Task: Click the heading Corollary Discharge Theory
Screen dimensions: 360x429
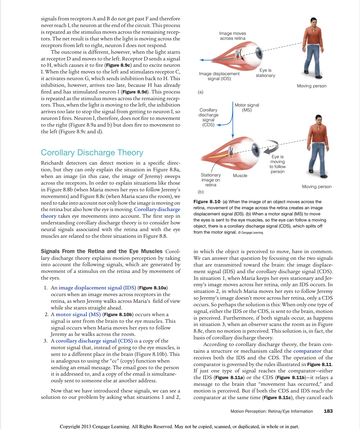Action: pyautogui.click(x=92, y=153)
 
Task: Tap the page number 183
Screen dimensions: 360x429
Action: pyautogui.click(x=328, y=411)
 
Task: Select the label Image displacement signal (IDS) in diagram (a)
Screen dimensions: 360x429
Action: pyautogui.click(x=219, y=76)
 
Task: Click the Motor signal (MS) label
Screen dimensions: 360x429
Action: pyautogui.click(x=247, y=107)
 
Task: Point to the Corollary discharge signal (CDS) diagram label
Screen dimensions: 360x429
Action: pyautogui.click(x=208, y=117)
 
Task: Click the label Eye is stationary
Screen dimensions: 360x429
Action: pyautogui.click(x=265, y=73)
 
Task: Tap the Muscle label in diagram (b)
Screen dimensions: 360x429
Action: pyautogui.click(x=240, y=176)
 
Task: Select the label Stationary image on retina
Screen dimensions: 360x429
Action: pyautogui.click(x=210, y=180)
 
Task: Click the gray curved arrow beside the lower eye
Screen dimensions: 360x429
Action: pyautogui.click(x=271, y=147)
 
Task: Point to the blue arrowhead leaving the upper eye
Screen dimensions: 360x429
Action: pyautogui.click(x=201, y=60)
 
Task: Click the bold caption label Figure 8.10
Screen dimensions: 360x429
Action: pyautogui.click(x=207, y=202)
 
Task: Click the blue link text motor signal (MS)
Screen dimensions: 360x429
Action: pyautogui.click(x=78, y=314)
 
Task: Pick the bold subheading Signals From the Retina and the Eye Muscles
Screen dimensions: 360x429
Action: pyautogui.click(x=102, y=251)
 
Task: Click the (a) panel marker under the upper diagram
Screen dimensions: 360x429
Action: pyautogui.click(x=201, y=92)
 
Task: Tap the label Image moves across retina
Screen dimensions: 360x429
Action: pyautogui.click(x=233, y=36)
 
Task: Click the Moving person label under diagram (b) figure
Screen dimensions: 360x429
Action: pyautogui.click(x=317, y=187)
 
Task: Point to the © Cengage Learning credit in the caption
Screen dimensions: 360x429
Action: pyautogui.click(x=251, y=232)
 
